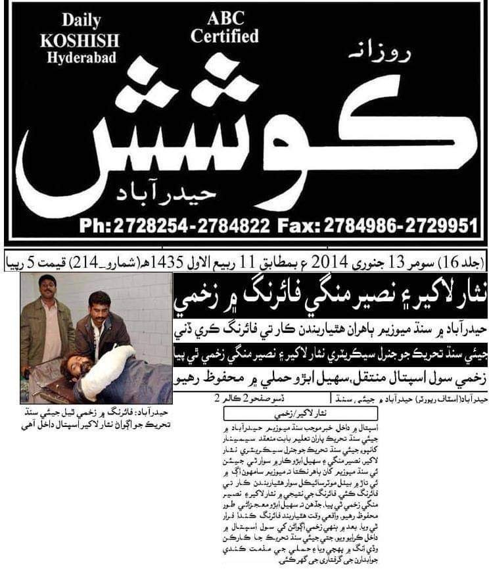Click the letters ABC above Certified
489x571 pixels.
(x=225, y=18)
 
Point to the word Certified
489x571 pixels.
(x=225, y=36)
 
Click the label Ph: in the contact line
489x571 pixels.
(x=95, y=226)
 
